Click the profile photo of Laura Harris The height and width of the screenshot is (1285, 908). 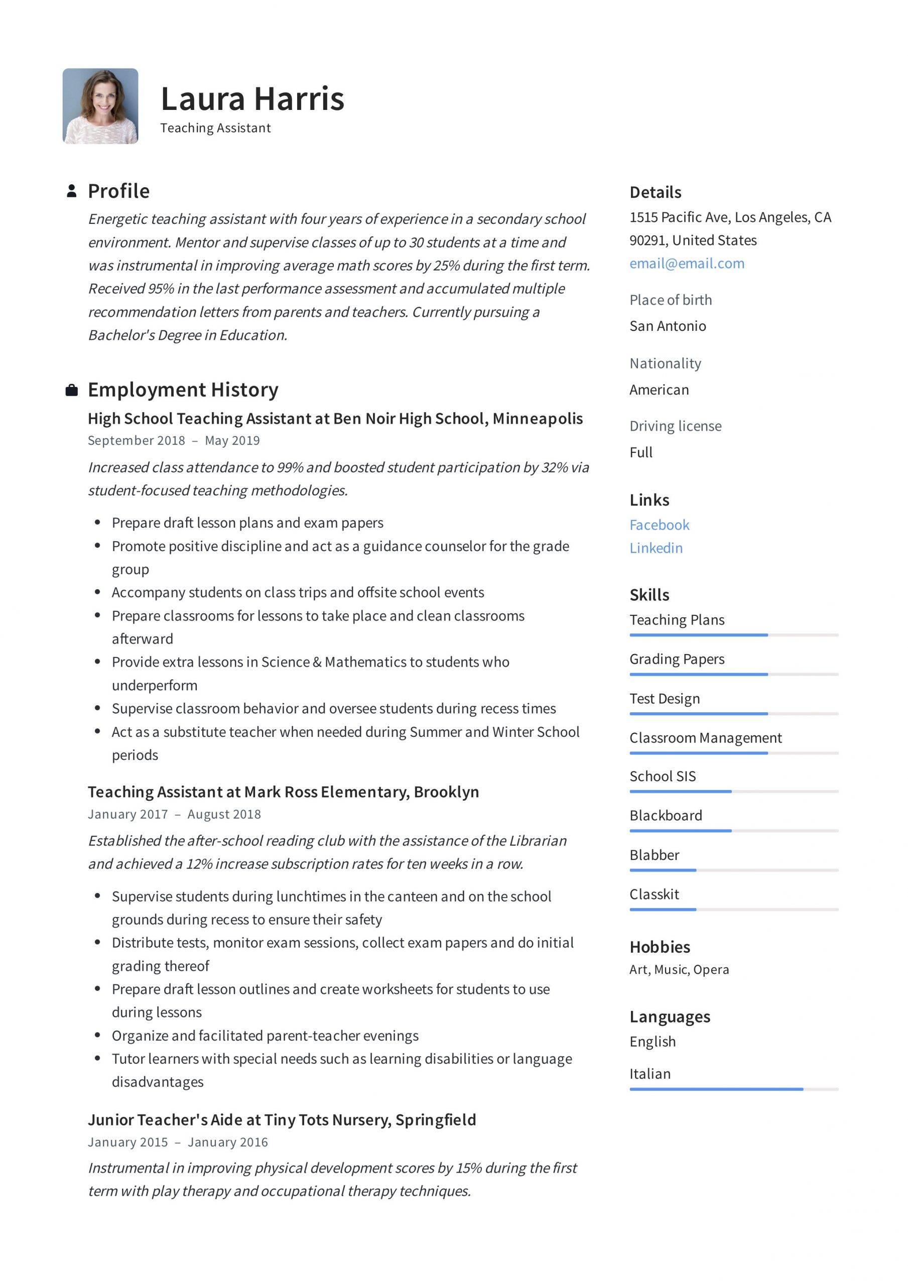point(100,106)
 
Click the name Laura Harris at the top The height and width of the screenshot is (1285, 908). point(252,99)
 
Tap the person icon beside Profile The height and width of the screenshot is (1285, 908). point(72,191)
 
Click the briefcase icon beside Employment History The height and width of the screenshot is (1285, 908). point(72,390)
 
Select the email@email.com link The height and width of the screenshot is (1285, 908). point(686,263)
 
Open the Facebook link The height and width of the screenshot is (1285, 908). point(659,525)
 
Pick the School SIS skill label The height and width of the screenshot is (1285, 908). point(662,776)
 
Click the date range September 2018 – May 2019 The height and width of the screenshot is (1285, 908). point(174,440)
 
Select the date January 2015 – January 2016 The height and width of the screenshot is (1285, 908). point(178,1142)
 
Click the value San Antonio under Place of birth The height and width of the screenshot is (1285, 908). point(667,326)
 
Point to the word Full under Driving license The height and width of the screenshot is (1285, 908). point(640,452)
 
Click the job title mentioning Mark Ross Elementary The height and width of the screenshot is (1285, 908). point(283,792)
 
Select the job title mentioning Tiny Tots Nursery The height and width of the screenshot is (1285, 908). point(282,1119)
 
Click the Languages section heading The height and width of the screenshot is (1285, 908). point(670,1016)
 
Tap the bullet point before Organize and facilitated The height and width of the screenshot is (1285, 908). point(97,1035)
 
